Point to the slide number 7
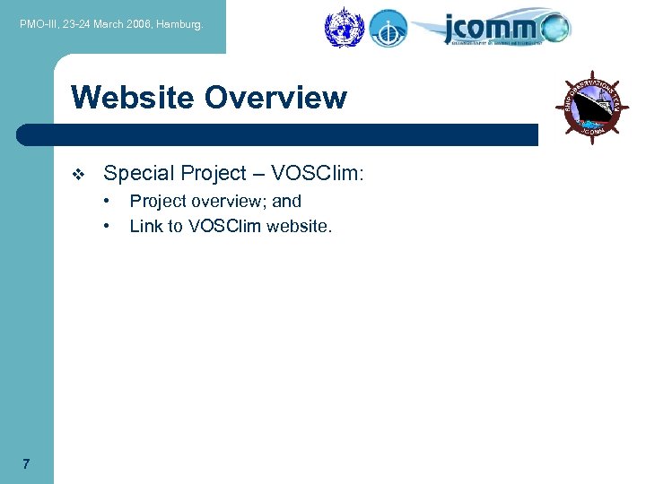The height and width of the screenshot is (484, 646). pyautogui.click(x=26, y=463)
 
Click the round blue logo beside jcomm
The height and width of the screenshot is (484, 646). pyautogui.click(x=388, y=28)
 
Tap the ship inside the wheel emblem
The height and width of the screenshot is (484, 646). pyautogui.click(x=592, y=108)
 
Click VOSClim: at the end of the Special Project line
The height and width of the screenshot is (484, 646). pyautogui.click(x=320, y=173)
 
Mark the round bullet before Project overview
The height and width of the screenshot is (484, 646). pyautogui.click(x=108, y=201)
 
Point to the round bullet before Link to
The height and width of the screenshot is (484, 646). pyautogui.click(x=108, y=226)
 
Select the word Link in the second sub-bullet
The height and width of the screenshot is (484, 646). pyautogui.click(x=146, y=226)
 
